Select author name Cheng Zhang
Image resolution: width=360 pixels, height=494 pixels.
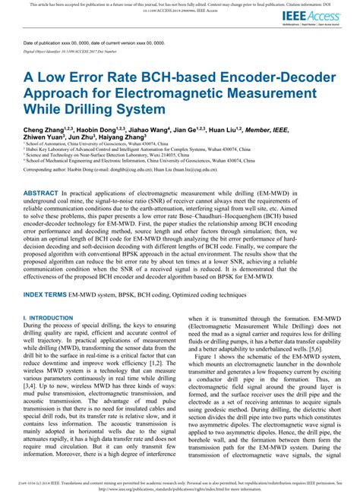point(46,130)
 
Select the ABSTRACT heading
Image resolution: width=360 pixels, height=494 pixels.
point(49,194)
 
